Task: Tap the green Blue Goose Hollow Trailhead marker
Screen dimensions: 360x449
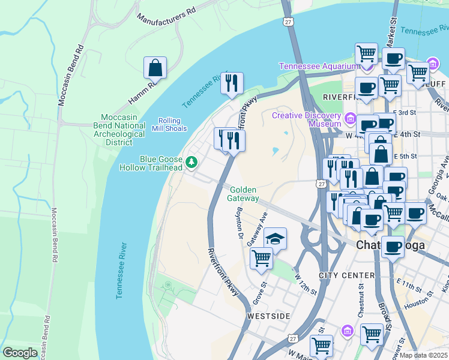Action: (x=191, y=162)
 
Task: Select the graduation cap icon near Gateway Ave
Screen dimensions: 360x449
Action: (x=275, y=238)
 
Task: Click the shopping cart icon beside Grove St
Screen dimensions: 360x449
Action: (x=261, y=259)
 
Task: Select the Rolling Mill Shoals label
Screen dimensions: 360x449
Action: (x=173, y=124)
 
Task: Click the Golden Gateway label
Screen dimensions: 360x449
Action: (x=244, y=194)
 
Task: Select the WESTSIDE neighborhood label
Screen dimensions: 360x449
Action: (x=269, y=316)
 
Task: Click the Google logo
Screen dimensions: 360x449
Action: (x=20, y=353)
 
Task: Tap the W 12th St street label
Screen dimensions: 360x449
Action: (x=306, y=284)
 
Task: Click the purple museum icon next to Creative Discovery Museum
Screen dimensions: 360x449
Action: (x=351, y=117)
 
